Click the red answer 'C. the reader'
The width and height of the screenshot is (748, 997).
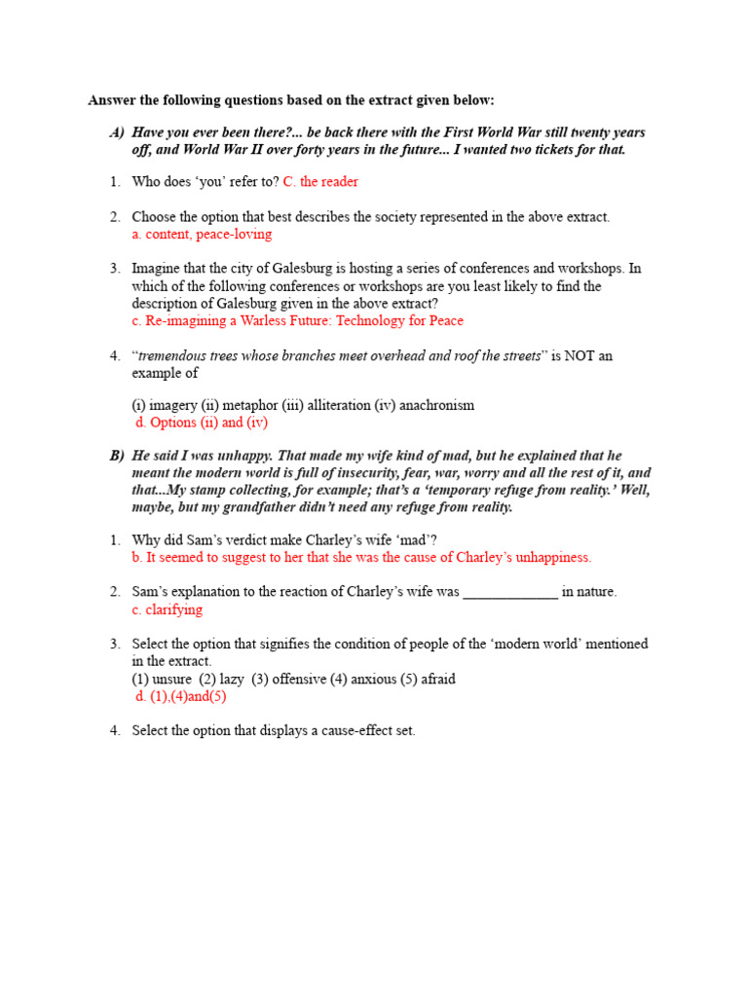tap(320, 182)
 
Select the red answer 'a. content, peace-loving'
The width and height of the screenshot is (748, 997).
tap(202, 235)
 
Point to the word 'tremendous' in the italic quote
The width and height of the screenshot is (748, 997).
tap(173, 356)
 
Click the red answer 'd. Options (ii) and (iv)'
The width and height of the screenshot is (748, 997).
tap(201, 423)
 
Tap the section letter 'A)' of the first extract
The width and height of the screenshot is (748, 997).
tap(117, 132)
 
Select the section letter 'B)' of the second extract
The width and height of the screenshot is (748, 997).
tap(117, 456)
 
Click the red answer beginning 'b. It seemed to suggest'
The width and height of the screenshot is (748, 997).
tap(361, 558)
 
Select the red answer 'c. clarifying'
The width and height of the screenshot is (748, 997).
tap(168, 609)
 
